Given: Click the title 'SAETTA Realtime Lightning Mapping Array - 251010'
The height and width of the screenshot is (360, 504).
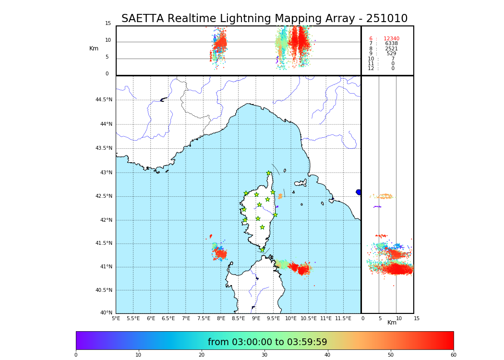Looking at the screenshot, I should [264, 19].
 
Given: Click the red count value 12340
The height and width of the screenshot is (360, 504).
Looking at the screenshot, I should [391, 39].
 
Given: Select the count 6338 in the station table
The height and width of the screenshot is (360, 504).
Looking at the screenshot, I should [391, 44].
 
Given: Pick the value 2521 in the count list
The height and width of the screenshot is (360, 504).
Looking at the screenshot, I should [391, 49].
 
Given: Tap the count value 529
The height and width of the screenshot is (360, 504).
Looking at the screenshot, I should [391, 54].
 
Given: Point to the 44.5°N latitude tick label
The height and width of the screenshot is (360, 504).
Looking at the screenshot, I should [104, 100].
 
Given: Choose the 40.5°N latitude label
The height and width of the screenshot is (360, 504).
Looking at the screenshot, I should [104, 290].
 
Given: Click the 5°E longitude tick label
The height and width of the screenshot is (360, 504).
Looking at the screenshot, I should [116, 319].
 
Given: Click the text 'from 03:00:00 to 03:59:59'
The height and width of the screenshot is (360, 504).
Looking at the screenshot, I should [267, 342].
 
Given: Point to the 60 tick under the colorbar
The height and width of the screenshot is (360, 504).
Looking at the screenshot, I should [453, 355].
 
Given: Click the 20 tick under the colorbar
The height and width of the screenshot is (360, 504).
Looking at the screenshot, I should [202, 355].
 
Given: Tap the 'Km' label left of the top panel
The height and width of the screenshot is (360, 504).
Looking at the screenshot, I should [94, 48].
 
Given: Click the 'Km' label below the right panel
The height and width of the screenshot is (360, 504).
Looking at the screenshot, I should [392, 323].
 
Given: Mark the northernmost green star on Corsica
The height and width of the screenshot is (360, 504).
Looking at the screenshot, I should [269, 173].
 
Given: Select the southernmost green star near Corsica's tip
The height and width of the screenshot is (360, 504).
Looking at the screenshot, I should [262, 250].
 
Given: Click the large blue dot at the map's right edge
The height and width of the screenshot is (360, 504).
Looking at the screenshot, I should [359, 192].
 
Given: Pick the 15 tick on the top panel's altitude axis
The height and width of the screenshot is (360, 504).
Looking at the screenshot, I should [108, 24].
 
